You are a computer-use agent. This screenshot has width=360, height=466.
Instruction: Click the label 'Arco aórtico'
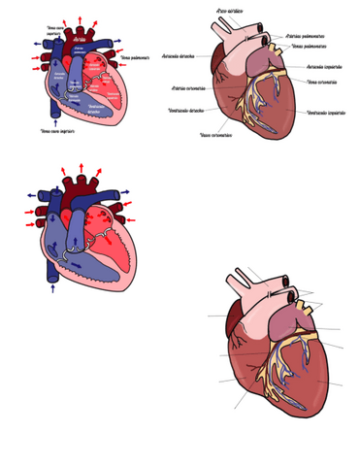(230, 11)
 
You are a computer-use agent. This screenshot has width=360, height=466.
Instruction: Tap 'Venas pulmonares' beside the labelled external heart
(309, 46)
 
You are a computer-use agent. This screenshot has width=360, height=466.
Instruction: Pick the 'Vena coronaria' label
(322, 83)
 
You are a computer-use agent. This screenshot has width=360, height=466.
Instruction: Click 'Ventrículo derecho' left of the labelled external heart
(185, 110)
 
